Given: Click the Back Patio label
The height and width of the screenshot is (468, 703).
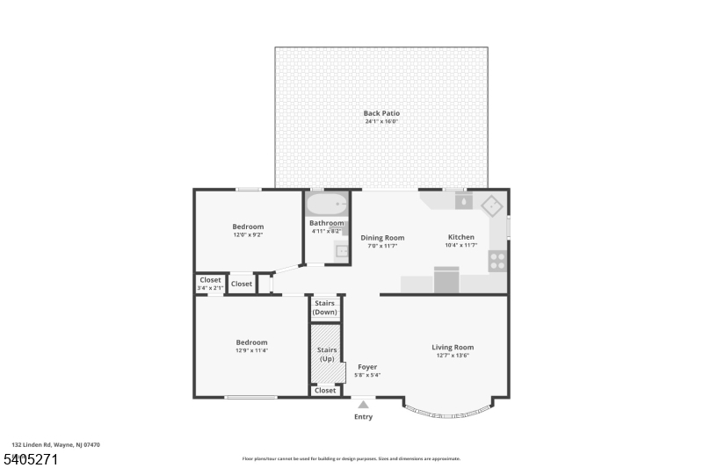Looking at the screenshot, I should pos(381,113).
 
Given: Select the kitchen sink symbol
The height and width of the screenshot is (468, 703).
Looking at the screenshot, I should pos(462,201).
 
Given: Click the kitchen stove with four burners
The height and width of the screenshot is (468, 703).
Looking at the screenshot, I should pos(497,261).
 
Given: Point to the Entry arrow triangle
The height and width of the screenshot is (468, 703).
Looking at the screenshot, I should pos(363,405).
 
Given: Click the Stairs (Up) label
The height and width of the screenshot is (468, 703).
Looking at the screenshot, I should pos(325,355).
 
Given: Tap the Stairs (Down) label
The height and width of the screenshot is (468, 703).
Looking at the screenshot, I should pos(325,307).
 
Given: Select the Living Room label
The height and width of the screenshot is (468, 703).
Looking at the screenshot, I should pos(453,348).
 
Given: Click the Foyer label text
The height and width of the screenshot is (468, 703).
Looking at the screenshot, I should pos(366,367).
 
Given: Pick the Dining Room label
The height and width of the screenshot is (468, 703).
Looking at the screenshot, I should pos(382,237).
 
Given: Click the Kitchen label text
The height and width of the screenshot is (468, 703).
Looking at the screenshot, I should pos(461,237).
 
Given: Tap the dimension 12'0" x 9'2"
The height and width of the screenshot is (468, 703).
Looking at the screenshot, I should pos(248,235).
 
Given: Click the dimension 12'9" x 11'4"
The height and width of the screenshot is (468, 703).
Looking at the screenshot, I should pos(251,350).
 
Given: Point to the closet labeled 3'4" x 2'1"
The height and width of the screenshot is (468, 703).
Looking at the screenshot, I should pos(210,284).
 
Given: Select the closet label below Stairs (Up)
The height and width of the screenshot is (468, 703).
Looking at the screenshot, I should pos(325,390).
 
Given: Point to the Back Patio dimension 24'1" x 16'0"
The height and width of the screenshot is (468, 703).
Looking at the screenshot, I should pos(381,121).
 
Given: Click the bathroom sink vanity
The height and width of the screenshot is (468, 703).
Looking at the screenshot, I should pos(340,252).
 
